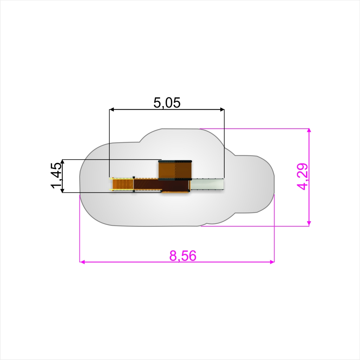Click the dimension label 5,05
click(167, 103)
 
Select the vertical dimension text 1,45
click(57, 175)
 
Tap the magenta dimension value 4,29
click(302, 176)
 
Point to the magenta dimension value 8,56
click(183, 256)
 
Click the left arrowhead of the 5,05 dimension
click(111, 110)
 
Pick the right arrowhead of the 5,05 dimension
click(222, 110)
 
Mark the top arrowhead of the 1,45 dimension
click(62, 162)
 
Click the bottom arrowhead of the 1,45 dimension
click(62, 190)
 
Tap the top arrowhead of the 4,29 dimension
click(309, 131)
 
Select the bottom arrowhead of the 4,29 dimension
click(309, 223)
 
